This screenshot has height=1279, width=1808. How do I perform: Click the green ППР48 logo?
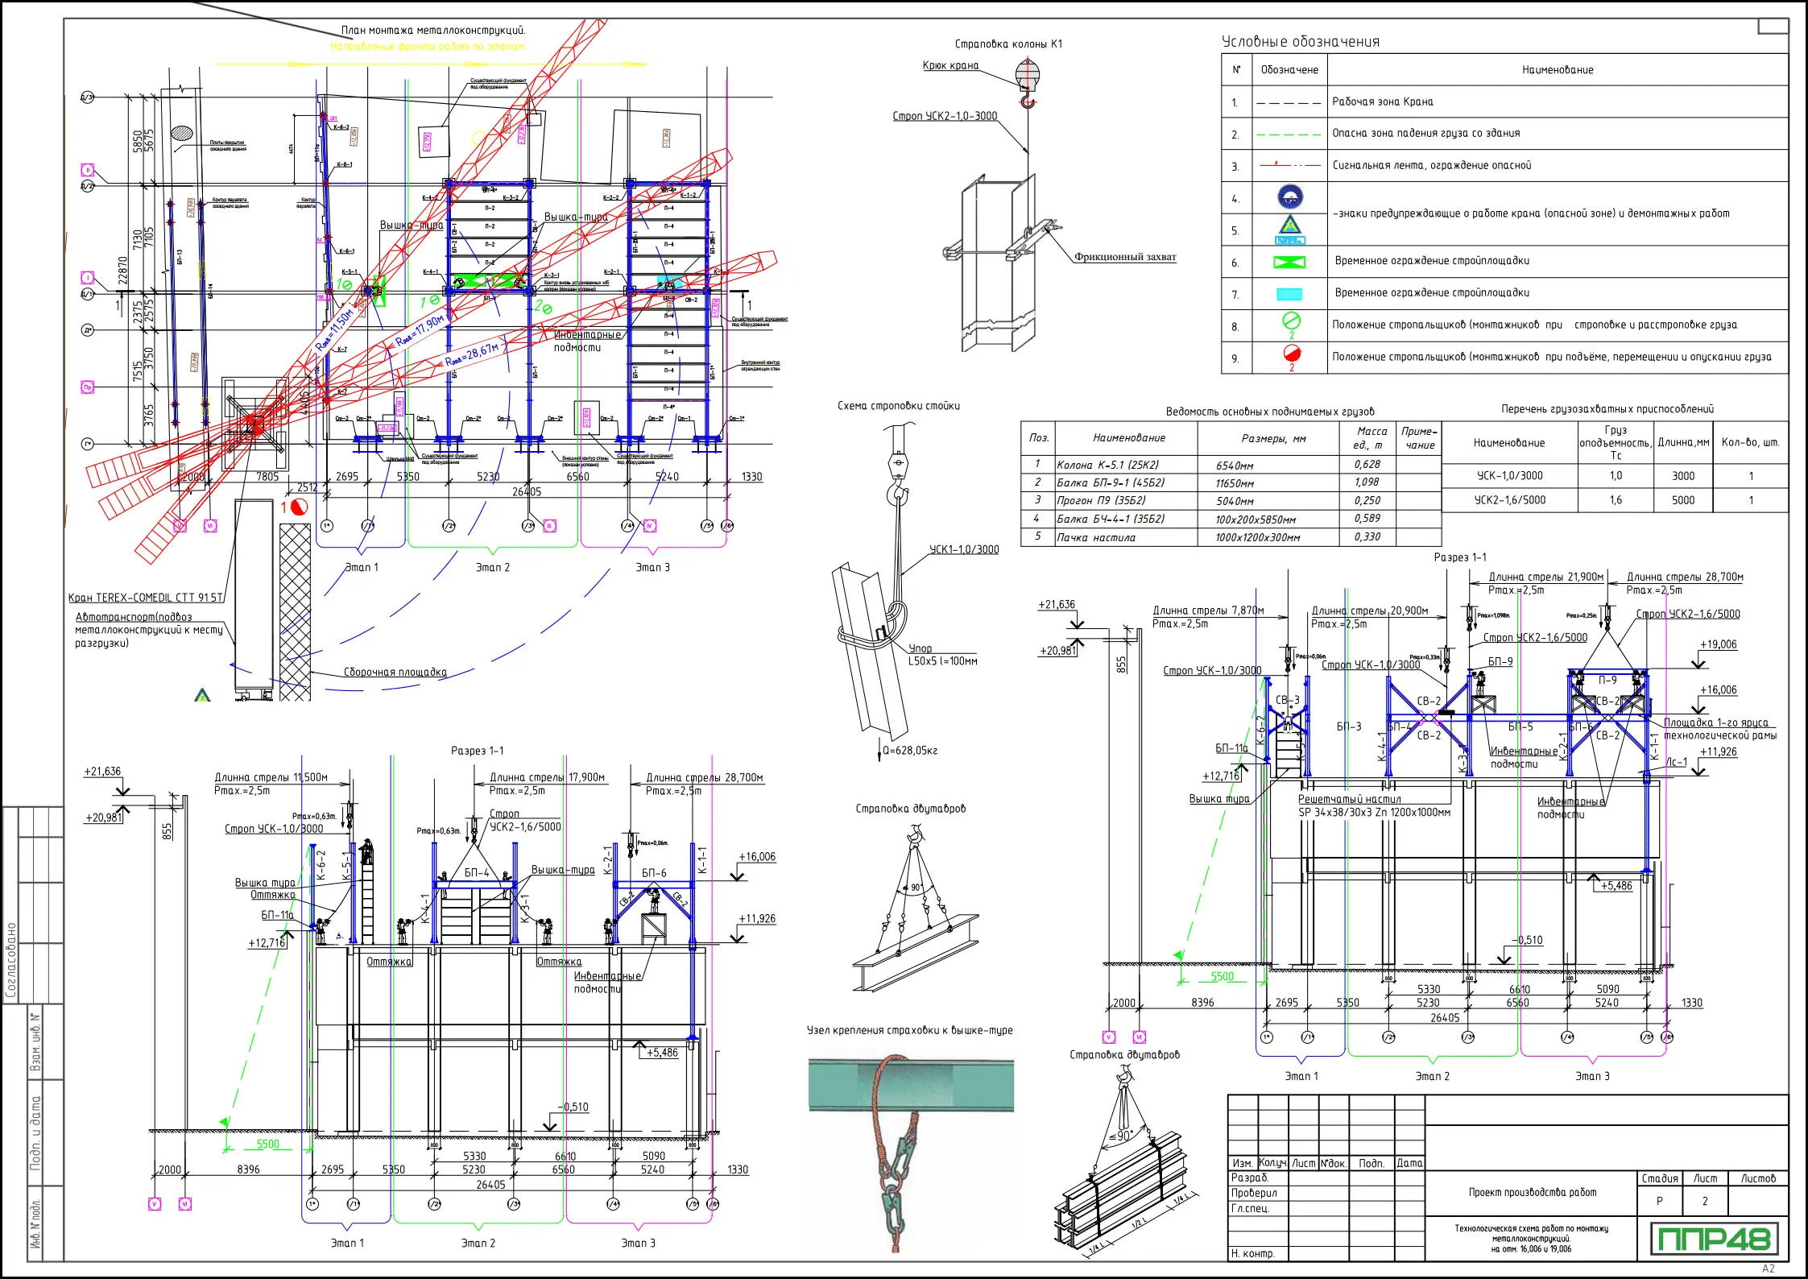coord(1712,1239)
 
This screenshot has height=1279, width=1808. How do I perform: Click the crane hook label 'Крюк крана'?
coord(950,66)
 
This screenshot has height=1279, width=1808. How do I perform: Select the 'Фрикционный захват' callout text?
coord(1125,257)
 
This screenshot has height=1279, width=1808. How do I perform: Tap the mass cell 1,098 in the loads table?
coord(1367,482)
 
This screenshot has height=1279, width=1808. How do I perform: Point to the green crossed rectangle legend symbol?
coord(1289,263)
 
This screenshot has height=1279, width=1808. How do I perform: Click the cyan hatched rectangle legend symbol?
coord(1289,294)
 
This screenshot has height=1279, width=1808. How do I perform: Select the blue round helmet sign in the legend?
coord(1290,197)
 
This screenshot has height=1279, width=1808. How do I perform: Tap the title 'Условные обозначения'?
coord(1300,42)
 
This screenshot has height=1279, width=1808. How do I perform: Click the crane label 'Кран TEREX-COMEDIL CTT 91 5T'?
coord(146,598)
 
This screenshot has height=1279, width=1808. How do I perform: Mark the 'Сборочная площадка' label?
coord(395,673)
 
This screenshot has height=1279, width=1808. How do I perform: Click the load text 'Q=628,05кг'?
coord(910,751)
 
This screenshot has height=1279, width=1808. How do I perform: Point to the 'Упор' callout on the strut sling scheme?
coord(920,648)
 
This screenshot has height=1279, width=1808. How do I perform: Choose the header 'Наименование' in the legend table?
coord(1557,70)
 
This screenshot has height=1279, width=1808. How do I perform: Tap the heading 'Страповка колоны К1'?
coord(1008,44)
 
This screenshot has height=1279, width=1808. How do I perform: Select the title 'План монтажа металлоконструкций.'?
coord(433,31)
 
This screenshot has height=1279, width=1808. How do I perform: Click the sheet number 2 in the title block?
coord(1704,1201)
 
